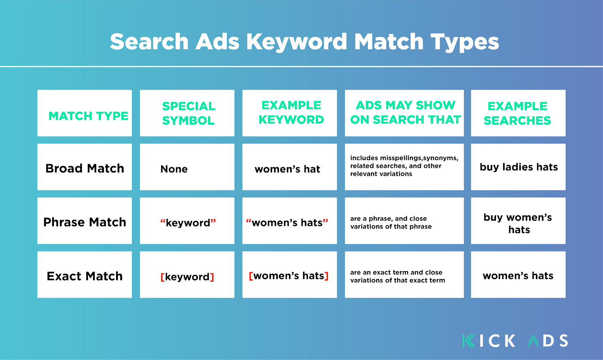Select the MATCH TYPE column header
coord(88,116)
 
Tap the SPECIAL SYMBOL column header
coord(188,113)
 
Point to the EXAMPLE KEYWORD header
coord(291,113)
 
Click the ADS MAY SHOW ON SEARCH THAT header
coord(406,113)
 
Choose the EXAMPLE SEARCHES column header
coord(517,113)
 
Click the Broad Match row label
coord(85,168)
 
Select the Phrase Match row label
coord(85,222)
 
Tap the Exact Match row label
coord(85,276)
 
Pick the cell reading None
coord(174,169)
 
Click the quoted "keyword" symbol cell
coord(188,223)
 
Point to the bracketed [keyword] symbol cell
coord(187,277)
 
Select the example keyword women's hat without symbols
coord(287,169)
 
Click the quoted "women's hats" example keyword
coord(287,223)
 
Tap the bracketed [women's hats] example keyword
coord(289,276)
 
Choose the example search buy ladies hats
coord(519,167)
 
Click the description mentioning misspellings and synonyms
coord(404,166)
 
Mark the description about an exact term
coord(398,276)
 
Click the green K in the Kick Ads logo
coord(469,341)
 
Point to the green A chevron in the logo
coord(533,341)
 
